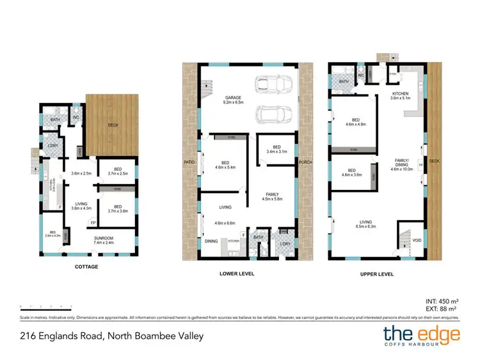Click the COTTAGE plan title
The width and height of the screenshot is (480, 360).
(86, 267)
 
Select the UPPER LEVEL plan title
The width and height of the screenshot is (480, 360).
(378, 273)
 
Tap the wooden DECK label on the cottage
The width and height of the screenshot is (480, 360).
(113, 126)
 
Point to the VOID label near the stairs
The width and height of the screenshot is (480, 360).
(417, 240)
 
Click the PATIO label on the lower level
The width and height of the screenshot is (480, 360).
(189, 162)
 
